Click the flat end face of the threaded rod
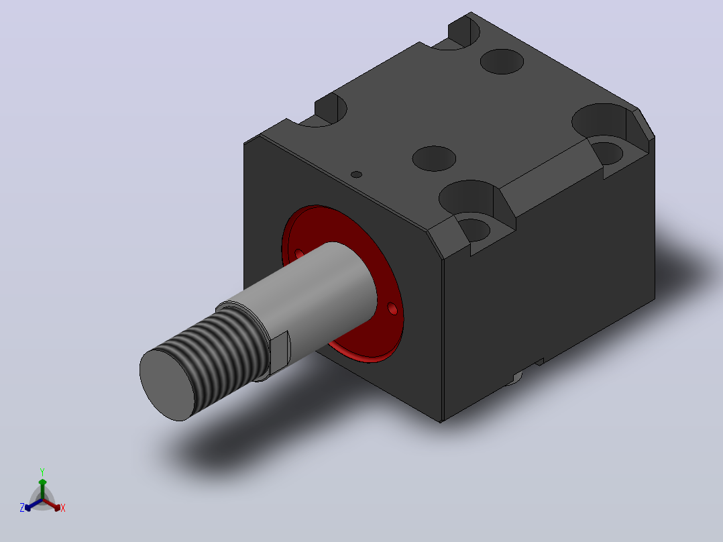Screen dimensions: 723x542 point(168,385)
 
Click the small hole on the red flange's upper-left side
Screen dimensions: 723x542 point(299,254)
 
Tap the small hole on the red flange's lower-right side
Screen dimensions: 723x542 point(392,309)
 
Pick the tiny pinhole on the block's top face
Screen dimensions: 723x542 point(356,174)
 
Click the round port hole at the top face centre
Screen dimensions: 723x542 point(434,158)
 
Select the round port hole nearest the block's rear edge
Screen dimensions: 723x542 point(502,61)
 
